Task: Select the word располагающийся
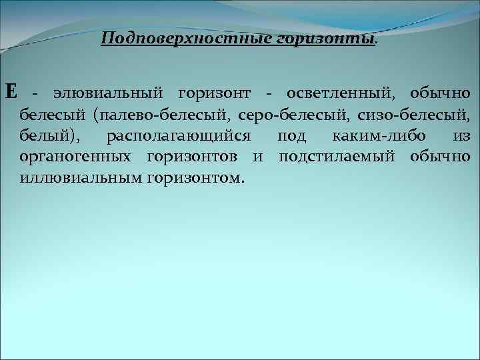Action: tap(178, 137)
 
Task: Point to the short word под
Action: tap(292, 137)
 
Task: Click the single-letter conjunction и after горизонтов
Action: tap(258, 158)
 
